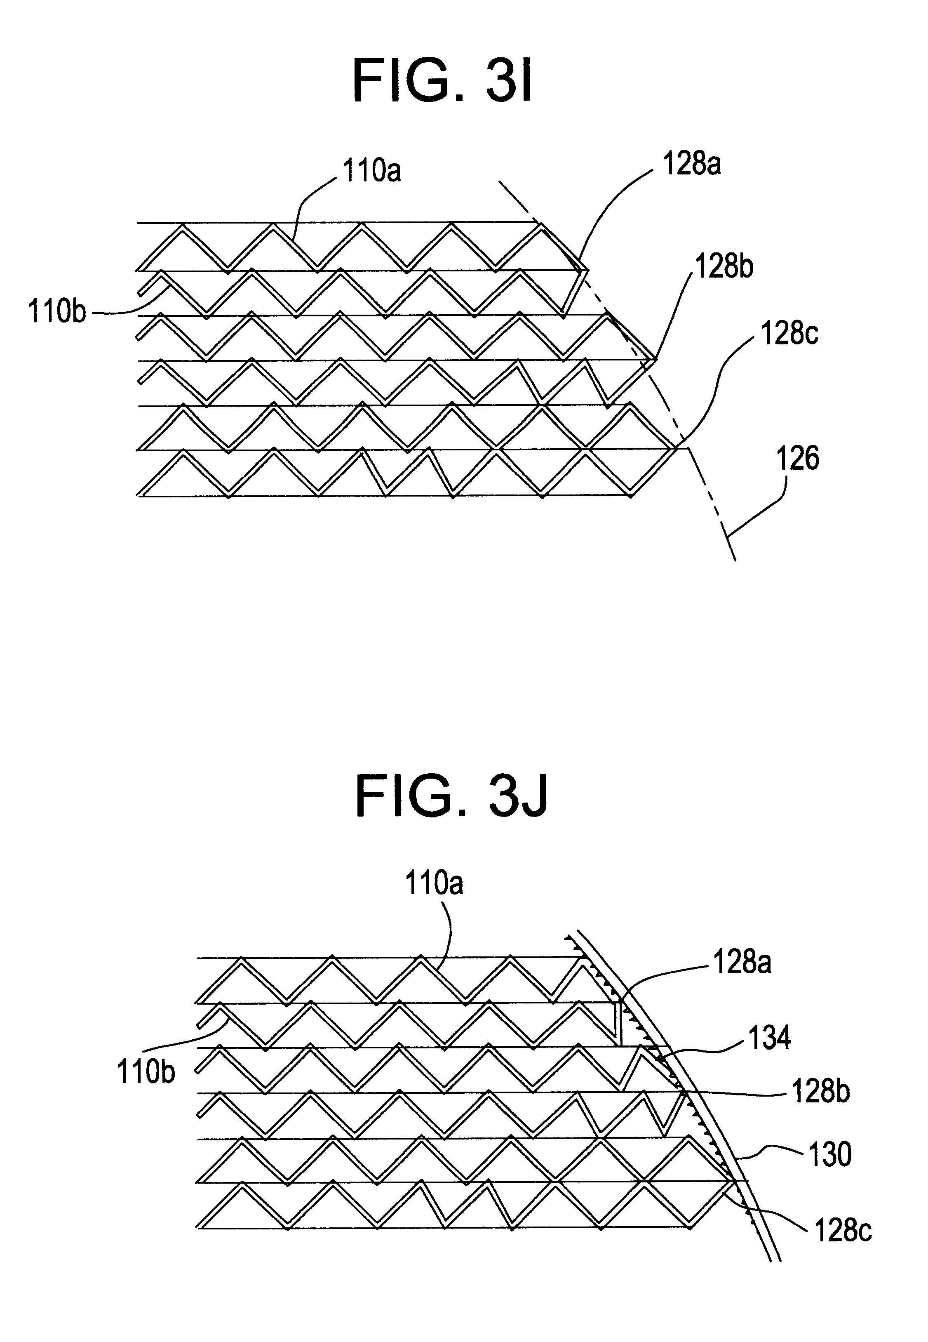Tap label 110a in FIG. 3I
coord(371,171)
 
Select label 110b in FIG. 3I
coord(57,312)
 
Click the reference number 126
coord(798,458)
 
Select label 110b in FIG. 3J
coord(146,1071)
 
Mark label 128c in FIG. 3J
coord(843,1231)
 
